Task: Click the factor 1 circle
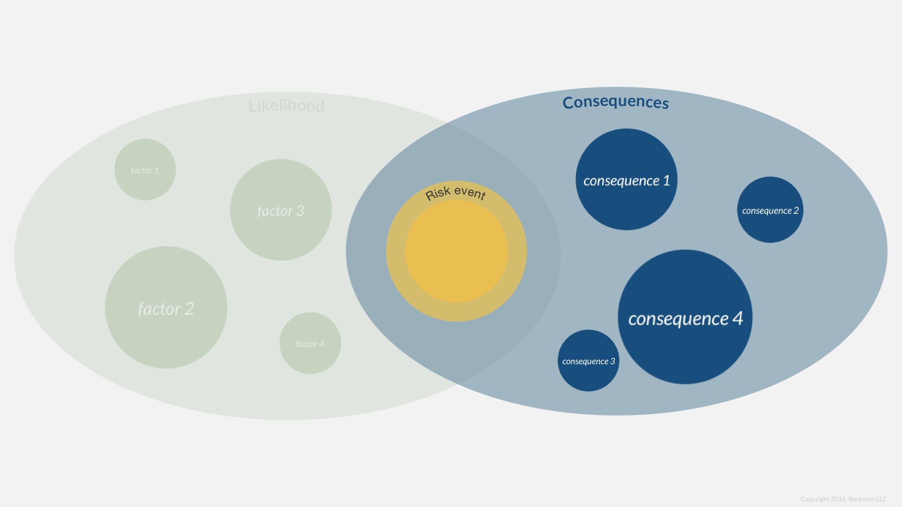pyautogui.click(x=145, y=169)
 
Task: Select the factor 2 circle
pyautogui.click(x=166, y=307)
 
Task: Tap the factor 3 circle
pyautogui.click(x=281, y=210)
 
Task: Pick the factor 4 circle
pyautogui.click(x=310, y=343)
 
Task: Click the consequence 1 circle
pyautogui.click(x=626, y=179)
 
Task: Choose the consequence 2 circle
pyautogui.click(x=770, y=210)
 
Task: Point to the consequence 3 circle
pyautogui.click(x=588, y=361)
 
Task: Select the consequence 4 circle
pyautogui.click(x=685, y=317)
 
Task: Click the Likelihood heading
pyautogui.click(x=286, y=106)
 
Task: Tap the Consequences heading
pyautogui.click(x=615, y=102)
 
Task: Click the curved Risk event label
pyautogui.click(x=455, y=192)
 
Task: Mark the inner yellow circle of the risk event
pyautogui.click(x=456, y=251)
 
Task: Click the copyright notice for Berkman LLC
pyautogui.click(x=843, y=499)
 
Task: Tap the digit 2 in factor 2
pyautogui.click(x=189, y=308)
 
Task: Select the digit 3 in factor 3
pyautogui.click(x=300, y=211)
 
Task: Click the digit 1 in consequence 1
pyautogui.click(x=666, y=180)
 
